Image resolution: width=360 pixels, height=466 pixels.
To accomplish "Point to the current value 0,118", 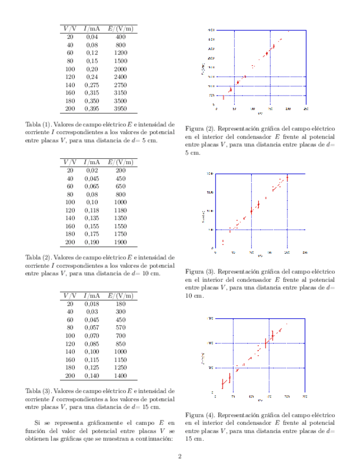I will point(92,210).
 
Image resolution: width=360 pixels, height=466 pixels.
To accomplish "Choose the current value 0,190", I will point(92,242).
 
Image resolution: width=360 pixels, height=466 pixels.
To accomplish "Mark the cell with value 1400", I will point(120,376).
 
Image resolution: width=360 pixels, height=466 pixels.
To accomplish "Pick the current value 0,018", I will point(92,303).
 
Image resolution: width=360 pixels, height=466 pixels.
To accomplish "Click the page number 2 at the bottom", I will point(180,456).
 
